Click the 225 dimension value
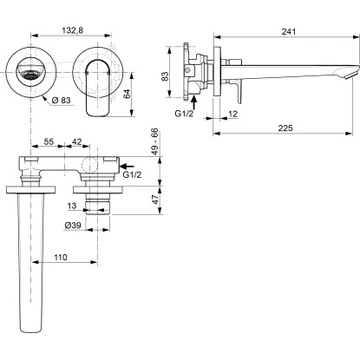285,128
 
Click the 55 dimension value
49,141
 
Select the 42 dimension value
77,141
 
